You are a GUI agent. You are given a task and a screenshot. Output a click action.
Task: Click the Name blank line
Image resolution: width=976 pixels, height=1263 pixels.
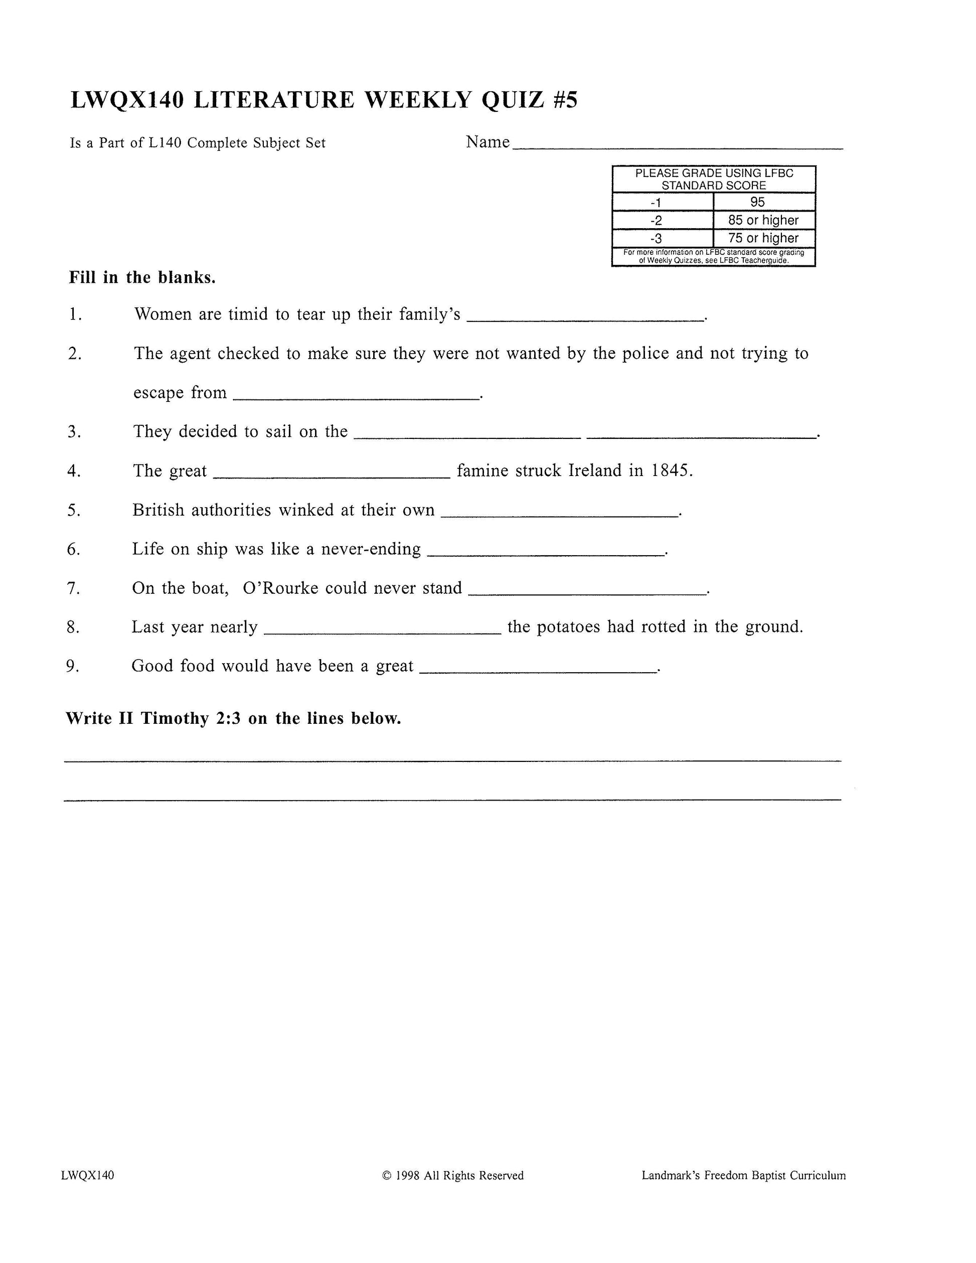point(678,148)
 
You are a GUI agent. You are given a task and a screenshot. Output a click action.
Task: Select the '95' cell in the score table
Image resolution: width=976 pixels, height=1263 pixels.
point(757,202)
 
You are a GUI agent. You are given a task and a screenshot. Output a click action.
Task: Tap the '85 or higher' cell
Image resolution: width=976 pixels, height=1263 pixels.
point(763,220)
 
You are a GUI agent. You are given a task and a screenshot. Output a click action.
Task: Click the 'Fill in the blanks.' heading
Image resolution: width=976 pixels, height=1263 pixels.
point(142,277)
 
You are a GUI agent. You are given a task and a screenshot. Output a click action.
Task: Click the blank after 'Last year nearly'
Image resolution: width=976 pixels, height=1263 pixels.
point(382,633)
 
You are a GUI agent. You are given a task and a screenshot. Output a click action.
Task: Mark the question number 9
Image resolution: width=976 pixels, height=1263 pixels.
point(72,666)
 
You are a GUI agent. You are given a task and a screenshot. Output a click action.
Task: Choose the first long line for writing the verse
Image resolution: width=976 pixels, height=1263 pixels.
point(452,760)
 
